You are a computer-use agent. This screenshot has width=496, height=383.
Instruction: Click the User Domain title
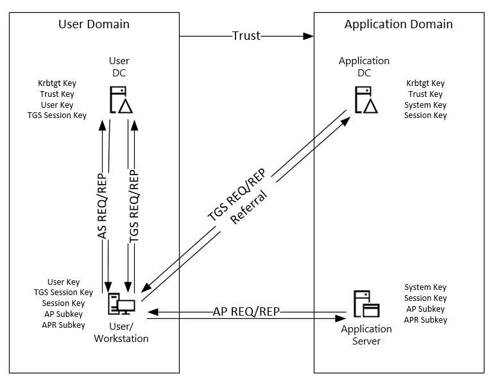[94, 24]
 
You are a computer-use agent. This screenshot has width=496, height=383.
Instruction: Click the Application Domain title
[398, 24]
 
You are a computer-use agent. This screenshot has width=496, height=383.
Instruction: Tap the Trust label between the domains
[246, 36]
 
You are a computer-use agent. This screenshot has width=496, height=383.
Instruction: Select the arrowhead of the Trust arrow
[309, 36]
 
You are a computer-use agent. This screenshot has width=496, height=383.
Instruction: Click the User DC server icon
[121, 99]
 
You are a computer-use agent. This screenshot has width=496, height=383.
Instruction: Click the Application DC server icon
[366, 99]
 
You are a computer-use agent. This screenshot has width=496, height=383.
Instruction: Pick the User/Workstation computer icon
[121, 303]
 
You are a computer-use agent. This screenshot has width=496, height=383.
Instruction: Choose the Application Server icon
[366, 303]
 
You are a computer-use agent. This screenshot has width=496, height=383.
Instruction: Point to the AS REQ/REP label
[102, 206]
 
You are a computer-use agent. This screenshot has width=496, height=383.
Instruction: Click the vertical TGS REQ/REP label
[134, 206]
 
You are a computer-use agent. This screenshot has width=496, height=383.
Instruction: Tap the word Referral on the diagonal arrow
[249, 207]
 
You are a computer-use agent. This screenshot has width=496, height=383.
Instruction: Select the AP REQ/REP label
[246, 312]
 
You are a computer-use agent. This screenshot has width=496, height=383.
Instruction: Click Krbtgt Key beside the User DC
[57, 83]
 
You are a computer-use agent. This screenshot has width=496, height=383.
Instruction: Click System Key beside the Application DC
[425, 105]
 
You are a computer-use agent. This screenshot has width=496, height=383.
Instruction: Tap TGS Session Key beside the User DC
[57, 115]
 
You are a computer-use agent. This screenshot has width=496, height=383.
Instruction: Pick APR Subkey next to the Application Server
[425, 319]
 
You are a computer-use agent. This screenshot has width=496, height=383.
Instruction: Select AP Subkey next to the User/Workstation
[64, 314]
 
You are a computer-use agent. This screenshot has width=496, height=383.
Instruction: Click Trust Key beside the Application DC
[425, 94]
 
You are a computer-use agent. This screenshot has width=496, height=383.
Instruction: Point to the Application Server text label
[366, 335]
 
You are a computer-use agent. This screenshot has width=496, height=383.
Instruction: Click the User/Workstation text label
[121, 332]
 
